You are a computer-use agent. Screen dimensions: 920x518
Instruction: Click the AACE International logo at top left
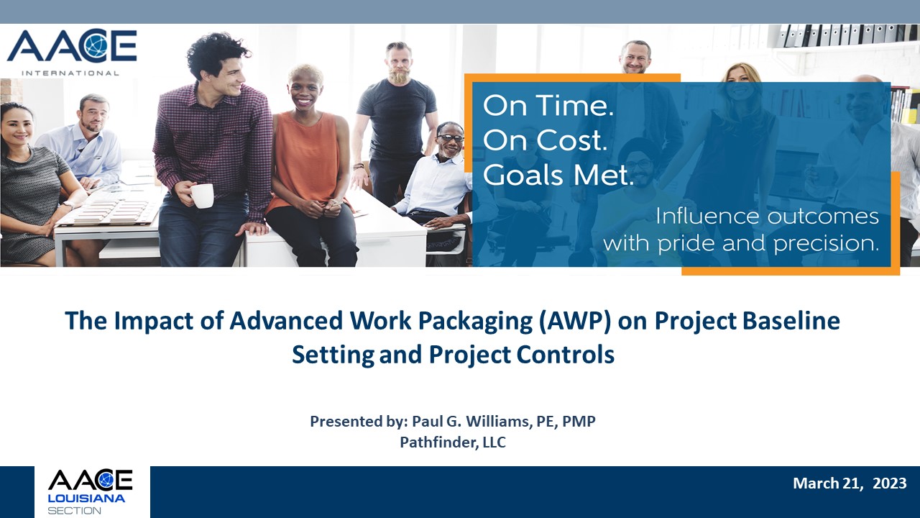[72, 53]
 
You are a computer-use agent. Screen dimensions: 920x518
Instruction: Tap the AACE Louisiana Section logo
[91, 492]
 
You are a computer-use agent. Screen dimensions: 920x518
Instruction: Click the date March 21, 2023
[850, 483]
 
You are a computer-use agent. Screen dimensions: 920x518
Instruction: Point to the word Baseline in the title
[791, 321]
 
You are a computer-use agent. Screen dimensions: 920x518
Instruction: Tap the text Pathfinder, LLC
[453, 442]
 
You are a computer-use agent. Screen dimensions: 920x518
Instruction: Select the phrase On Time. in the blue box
[548, 106]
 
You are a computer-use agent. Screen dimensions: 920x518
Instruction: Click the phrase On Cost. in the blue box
[545, 140]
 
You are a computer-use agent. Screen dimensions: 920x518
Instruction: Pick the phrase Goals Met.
[558, 174]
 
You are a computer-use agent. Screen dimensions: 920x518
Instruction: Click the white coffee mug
[201, 195]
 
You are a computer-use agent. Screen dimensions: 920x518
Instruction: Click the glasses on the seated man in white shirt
[450, 137]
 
